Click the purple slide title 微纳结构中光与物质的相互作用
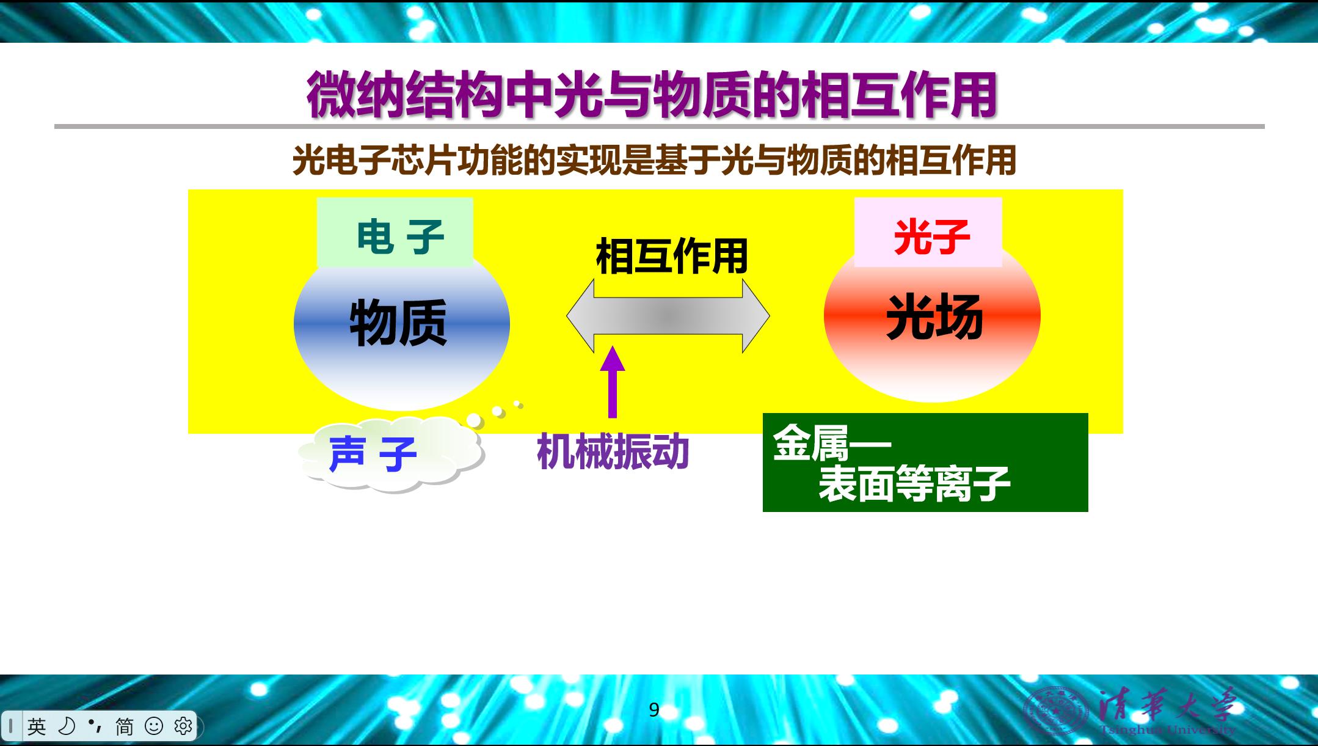coord(652,95)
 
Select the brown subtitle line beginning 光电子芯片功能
coord(654,161)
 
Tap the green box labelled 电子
coord(395,232)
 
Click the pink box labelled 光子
coord(928,232)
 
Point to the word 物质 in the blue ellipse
coord(398,323)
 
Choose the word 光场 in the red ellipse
coord(934,316)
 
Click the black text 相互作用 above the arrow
coord(672,256)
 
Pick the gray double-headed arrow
coord(668,316)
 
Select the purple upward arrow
coord(613,382)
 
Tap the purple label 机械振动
coord(613,452)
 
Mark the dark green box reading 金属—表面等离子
coord(925,463)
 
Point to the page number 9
coord(654,710)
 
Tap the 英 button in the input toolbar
coord(37,726)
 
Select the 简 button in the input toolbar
coord(125,726)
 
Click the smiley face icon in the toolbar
coord(154,726)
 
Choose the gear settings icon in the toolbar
coord(183,726)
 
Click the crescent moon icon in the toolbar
coord(66,726)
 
